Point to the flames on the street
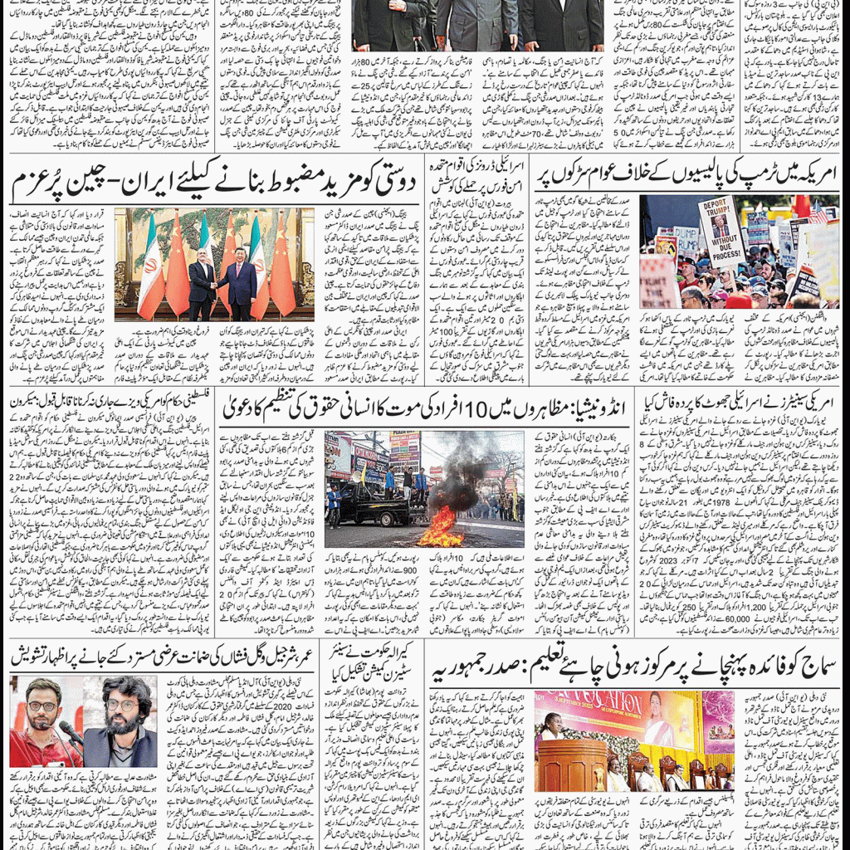(441, 528)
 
